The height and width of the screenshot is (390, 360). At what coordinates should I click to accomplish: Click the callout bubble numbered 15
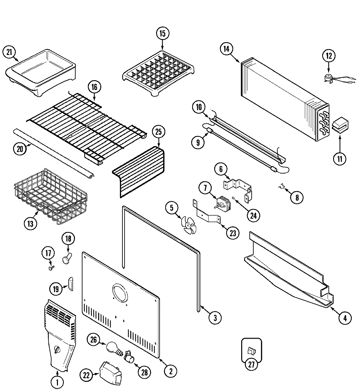163,33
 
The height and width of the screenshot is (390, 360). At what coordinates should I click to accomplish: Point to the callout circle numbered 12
329,56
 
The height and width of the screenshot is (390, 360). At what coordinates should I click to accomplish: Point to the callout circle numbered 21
9,52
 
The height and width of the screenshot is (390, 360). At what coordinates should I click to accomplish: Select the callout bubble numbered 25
159,132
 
